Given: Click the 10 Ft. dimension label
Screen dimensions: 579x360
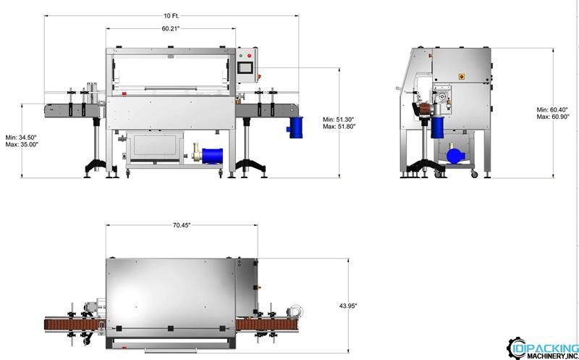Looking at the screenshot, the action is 172,16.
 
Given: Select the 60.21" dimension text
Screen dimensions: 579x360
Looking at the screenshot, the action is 171,29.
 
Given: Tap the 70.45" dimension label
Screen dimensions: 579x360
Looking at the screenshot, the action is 182,225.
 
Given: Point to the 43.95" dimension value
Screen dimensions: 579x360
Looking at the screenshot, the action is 348,306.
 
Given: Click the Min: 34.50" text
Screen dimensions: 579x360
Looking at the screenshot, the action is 21,138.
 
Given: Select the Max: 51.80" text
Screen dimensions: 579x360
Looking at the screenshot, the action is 339,127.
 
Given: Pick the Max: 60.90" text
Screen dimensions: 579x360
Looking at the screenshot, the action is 553,117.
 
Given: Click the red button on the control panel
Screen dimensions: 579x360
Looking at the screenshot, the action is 249,56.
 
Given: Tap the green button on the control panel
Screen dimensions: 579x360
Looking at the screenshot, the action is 241,56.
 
